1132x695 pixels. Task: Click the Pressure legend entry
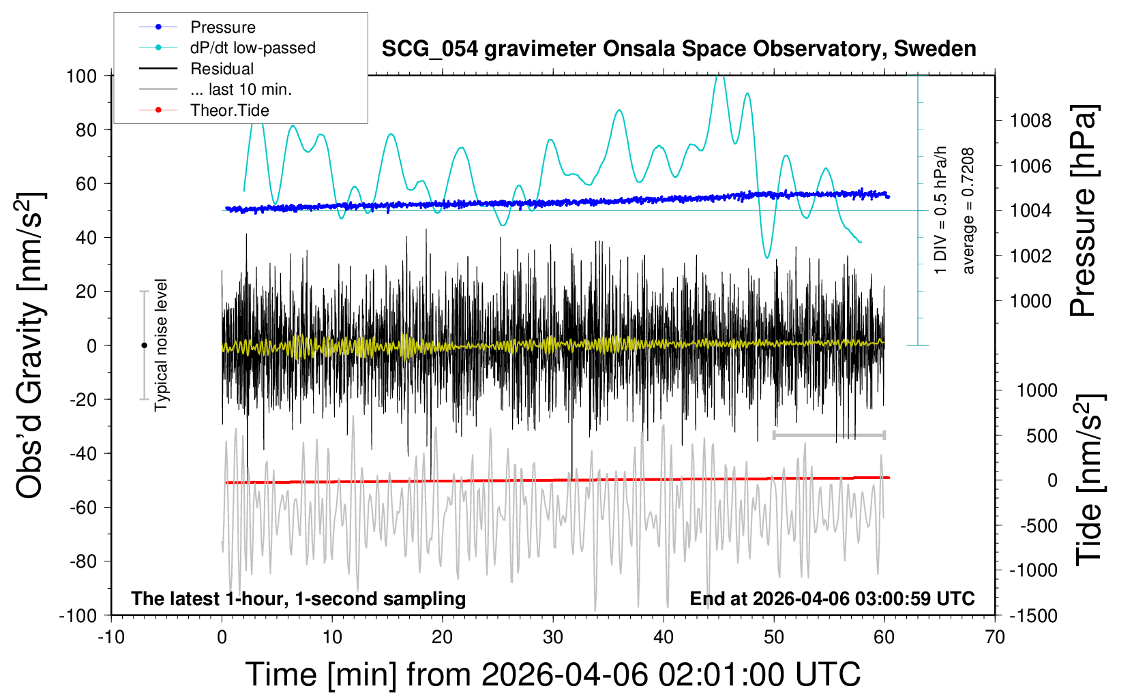tap(222, 27)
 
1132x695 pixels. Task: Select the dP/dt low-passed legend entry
tap(252, 48)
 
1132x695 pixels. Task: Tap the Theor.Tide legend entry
tap(229, 110)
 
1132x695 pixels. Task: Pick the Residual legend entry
tap(222, 69)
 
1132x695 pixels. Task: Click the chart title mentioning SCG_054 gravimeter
tap(679, 49)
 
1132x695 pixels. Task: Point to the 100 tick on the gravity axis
tap(81, 76)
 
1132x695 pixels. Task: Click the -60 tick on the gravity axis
tap(83, 507)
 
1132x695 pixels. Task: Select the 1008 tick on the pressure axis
tap(1030, 121)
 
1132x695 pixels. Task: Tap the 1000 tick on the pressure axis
tap(1030, 300)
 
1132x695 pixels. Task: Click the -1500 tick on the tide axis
tap(1033, 615)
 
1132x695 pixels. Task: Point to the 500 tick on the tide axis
tap(1041, 435)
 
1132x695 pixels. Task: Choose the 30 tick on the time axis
tap(553, 637)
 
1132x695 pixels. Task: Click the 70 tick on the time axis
tap(995, 637)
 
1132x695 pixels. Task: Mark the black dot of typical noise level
tap(144, 345)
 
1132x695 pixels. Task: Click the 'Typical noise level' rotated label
tap(161, 345)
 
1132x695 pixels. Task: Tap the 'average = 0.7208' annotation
tap(968, 211)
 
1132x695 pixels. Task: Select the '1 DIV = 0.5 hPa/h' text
tap(941, 210)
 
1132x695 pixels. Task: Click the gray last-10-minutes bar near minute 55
tap(829, 435)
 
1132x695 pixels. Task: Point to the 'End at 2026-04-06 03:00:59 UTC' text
tap(832, 598)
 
